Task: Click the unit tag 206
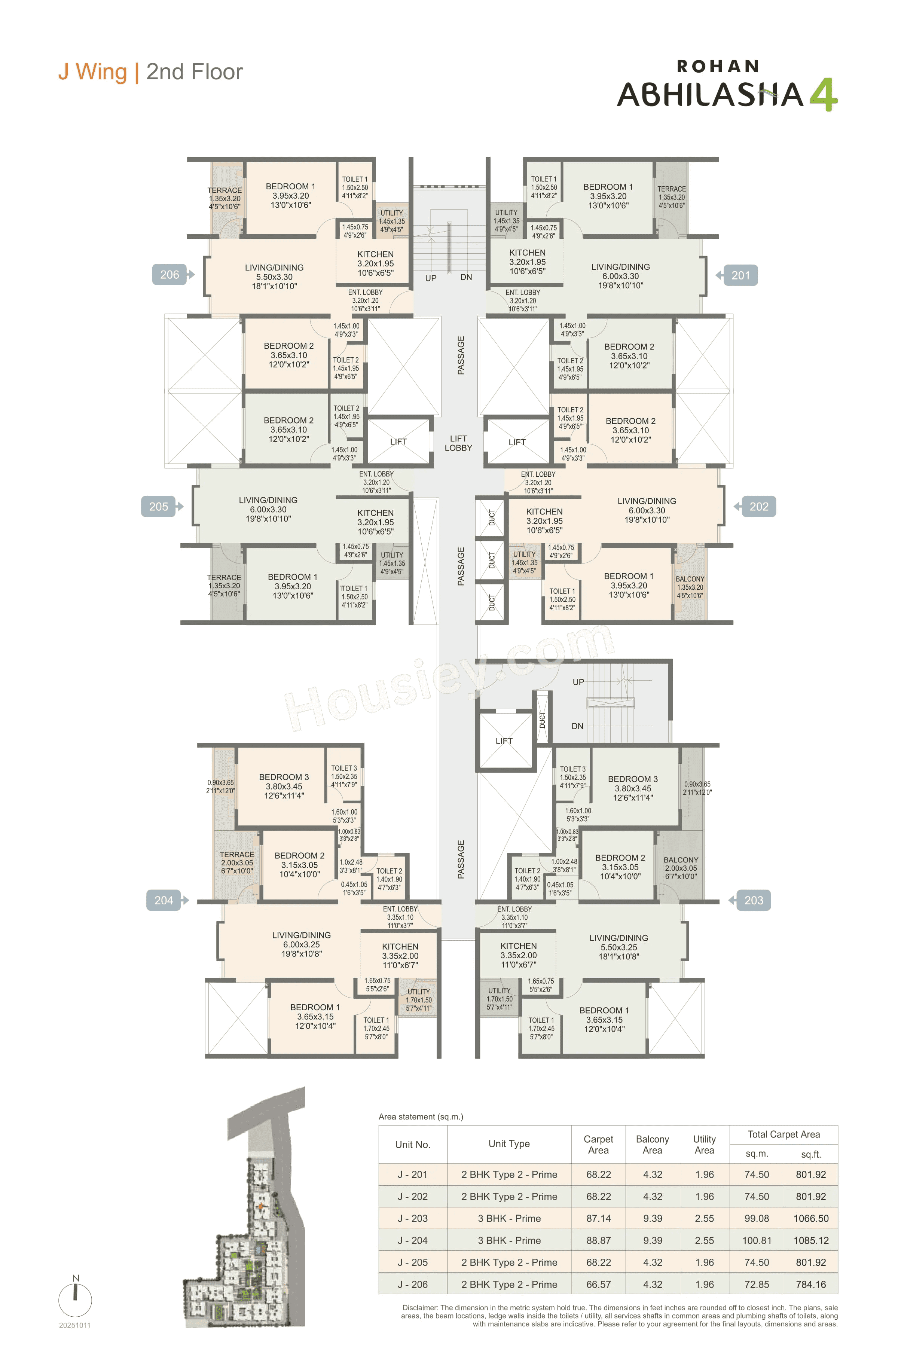169,275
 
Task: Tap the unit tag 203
754,900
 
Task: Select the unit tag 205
159,506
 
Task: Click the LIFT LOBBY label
458,443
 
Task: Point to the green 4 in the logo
824,95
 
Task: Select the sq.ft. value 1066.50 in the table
811,1218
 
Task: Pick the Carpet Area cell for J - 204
598,1240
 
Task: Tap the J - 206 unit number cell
412,1285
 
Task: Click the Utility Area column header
705,1144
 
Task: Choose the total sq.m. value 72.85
757,1285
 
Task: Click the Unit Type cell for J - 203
509,1218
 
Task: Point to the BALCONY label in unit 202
690,579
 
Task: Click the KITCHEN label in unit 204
400,947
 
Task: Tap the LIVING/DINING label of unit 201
620,267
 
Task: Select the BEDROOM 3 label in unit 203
632,779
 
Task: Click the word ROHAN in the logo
718,67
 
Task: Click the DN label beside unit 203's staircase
577,726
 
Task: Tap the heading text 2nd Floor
194,72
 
